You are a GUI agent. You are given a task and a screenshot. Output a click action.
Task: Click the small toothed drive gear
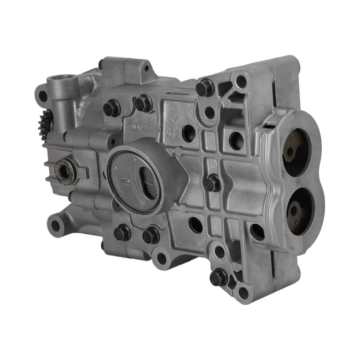tap(48, 121)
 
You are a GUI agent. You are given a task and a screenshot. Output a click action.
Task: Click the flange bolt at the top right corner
tap(205, 87)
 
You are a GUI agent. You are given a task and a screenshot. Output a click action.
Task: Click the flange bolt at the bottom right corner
tap(218, 277)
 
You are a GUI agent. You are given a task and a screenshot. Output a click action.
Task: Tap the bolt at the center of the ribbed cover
tap(212, 183)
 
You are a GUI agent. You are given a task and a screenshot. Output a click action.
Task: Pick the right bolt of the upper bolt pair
tap(143, 103)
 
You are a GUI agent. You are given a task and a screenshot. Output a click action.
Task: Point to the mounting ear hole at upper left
tap(42, 96)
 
